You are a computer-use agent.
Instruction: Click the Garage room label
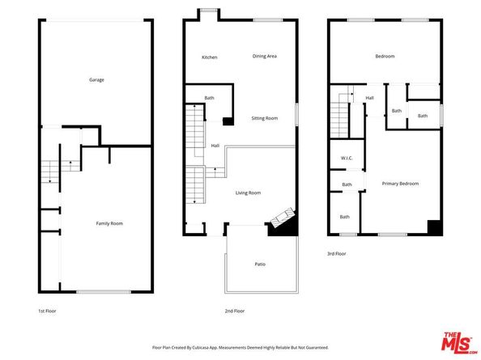[96, 79]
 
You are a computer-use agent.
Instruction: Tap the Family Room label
[109, 222]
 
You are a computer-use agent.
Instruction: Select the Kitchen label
[210, 57]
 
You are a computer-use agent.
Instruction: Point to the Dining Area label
[265, 56]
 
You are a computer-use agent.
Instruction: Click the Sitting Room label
[264, 118]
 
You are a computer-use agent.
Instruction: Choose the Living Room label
[248, 193]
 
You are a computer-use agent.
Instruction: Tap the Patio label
[260, 264]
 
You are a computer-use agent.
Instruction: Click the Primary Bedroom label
[400, 184]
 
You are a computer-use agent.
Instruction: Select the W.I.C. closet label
[346, 158]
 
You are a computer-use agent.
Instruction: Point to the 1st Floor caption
[47, 310]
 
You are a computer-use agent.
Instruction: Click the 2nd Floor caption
[235, 310]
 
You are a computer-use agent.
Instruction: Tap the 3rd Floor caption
[336, 254]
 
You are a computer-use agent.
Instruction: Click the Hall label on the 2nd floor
[215, 146]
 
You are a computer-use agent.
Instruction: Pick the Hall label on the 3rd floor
[369, 98]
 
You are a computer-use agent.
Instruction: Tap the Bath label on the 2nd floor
[209, 98]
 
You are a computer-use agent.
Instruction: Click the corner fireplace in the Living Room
[281, 220]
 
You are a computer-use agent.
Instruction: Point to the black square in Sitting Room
[228, 121]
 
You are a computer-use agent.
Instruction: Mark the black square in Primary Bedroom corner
[434, 227]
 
